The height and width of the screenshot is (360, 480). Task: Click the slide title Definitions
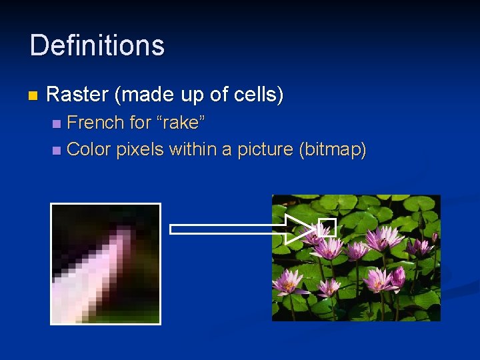pos(97,45)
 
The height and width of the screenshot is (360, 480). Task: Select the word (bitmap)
pos(333,149)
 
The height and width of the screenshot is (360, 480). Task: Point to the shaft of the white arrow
pos(227,229)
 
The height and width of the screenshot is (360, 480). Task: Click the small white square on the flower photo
pos(327,227)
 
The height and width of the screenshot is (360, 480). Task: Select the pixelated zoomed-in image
pos(106,263)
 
